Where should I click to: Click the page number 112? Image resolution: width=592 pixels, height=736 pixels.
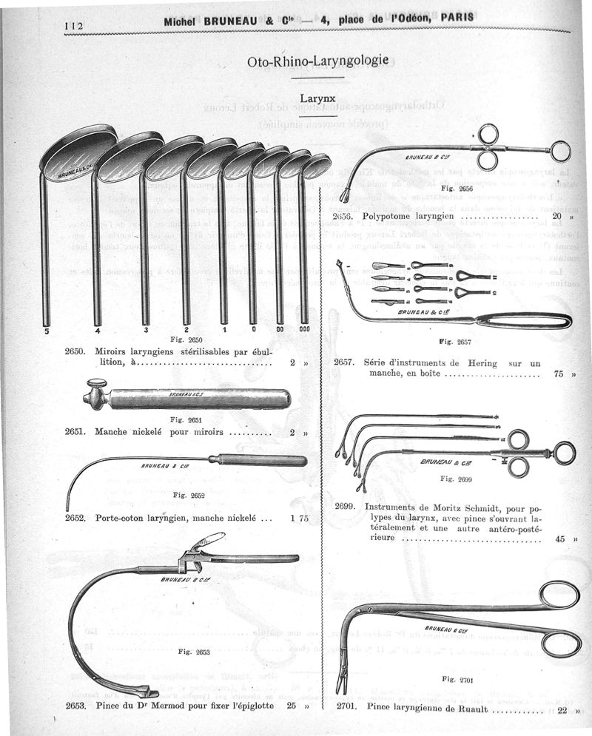(75, 25)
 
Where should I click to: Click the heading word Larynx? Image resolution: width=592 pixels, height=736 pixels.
(318, 98)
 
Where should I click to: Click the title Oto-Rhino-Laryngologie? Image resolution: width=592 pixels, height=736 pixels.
(318, 61)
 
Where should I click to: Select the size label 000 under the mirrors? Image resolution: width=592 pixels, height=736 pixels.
(304, 329)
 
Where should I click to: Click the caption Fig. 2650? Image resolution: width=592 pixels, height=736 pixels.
(185, 339)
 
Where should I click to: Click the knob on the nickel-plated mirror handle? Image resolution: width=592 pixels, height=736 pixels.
(95, 386)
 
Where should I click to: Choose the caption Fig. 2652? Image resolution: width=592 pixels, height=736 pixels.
(188, 495)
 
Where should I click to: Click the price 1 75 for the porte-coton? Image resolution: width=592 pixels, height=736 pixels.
(300, 519)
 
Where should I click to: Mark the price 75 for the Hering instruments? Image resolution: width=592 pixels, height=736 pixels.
(558, 374)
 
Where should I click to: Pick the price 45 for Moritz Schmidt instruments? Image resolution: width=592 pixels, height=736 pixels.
(559, 539)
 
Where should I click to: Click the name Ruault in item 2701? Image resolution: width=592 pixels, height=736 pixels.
(468, 706)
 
